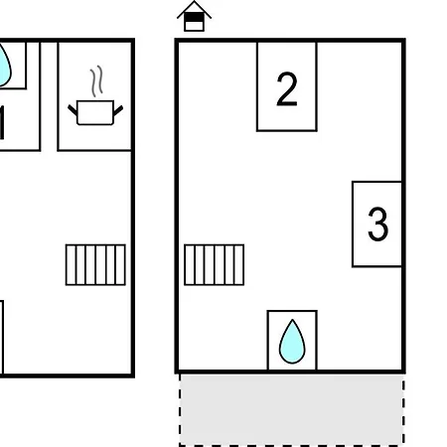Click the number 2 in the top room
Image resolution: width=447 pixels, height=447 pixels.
[287, 89]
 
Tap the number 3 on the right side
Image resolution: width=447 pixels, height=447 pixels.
[377, 223]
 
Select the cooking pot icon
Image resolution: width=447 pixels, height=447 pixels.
[95, 95]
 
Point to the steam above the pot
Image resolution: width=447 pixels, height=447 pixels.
[96, 81]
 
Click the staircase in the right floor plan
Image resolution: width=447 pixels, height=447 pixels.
[215, 264]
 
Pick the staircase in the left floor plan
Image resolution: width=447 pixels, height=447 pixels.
[95, 264]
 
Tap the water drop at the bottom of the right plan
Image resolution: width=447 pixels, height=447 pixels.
[292, 342]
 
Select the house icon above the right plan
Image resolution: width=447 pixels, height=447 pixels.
[194, 17]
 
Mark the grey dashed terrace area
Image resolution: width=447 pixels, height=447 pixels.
[292, 410]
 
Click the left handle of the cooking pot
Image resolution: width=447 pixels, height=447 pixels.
[73, 110]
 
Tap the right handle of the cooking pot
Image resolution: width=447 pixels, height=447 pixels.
[118, 110]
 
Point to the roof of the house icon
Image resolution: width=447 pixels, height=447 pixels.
[194, 9]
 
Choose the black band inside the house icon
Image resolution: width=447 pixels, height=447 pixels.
[194, 18]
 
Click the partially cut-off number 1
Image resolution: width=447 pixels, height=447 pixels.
[2, 122]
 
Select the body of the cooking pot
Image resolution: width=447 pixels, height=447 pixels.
[95, 112]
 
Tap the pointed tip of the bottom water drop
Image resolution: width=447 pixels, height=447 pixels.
[292, 320]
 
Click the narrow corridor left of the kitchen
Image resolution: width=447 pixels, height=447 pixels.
[49, 96]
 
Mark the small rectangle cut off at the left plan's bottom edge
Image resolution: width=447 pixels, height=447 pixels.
[2, 337]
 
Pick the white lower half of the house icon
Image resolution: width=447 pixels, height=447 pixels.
[194, 26]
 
